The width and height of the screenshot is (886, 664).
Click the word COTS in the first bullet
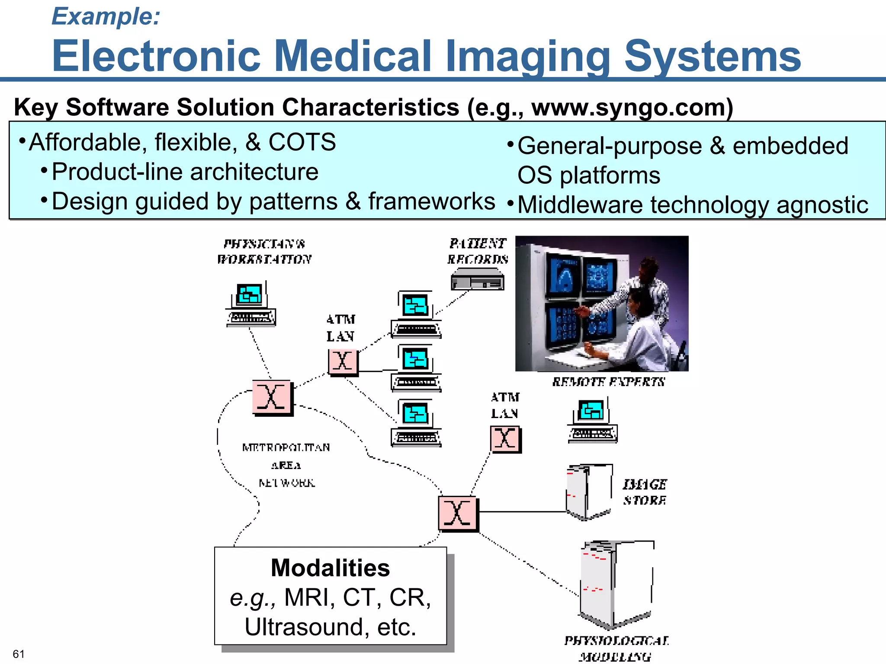click(302, 142)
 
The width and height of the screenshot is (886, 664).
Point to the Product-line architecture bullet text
click(185, 172)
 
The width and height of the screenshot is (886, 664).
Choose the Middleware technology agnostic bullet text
click(693, 204)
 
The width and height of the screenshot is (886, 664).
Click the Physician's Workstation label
click(264, 251)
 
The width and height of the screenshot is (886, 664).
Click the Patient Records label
click(478, 251)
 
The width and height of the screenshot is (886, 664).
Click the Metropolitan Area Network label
click(286, 465)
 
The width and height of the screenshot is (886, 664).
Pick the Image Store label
click(644, 492)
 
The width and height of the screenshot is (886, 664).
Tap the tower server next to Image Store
click(588, 492)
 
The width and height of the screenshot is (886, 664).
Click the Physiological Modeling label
click(616, 648)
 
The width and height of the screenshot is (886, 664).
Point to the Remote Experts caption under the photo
click(608, 382)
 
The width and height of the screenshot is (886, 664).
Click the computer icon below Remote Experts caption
click(592, 420)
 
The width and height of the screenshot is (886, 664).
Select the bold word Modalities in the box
click(330, 568)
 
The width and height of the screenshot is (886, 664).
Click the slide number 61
click(19, 654)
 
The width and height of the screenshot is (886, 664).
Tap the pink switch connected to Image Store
click(458, 514)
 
